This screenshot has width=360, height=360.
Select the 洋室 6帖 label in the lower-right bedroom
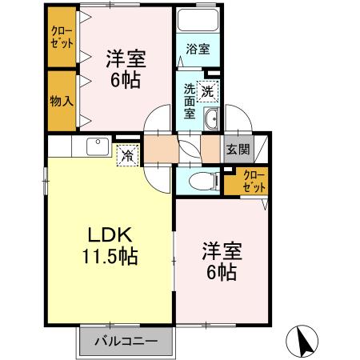coord(218,261)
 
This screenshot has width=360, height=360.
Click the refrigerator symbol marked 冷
coord(126,155)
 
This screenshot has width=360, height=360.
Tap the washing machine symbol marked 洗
coord(208,90)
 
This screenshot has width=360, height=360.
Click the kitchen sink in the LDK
coord(98,146)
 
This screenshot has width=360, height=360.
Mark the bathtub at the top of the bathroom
coord(198,21)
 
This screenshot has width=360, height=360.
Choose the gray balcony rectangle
coord(125,342)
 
